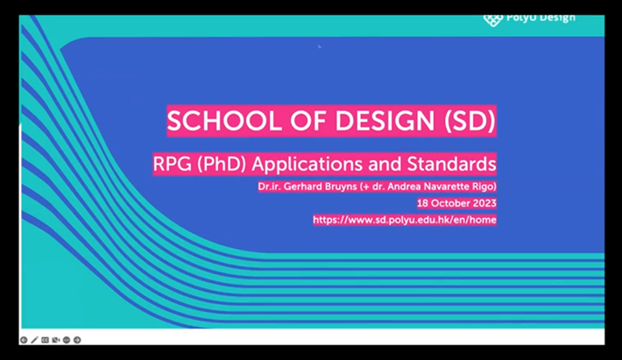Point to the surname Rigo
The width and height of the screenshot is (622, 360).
[481, 187]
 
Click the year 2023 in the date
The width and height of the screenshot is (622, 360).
[481, 202]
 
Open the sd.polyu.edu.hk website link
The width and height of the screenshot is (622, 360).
[404, 220]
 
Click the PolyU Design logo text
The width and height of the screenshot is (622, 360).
[541, 17]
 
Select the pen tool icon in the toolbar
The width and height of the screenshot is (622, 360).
[35, 340]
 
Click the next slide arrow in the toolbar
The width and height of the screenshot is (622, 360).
[77, 340]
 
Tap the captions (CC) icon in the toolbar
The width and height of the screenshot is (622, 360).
[46, 340]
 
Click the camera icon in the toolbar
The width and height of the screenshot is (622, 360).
[56, 340]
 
